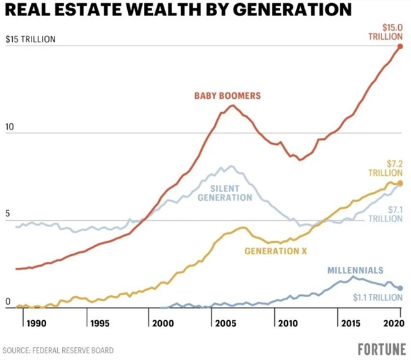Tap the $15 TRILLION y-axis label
click(x=31, y=39)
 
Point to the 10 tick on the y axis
click(x=10, y=127)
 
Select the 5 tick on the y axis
click(x=7, y=214)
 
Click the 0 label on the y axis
click(x=7, y=301)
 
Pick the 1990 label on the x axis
click(x=37, y=323)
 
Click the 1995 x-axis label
click(x=100, y=323)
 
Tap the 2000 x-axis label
click(x=164, y=323)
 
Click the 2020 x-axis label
click(x=393, y=323)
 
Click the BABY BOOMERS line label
click(x=227, y=96)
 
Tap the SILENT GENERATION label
click(x=224, y=193)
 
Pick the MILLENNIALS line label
click(x=355, y=270)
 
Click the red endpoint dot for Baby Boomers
click(x=399, y=46)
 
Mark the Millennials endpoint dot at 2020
click(x=399, y=289)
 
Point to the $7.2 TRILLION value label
click(x=385, y=168)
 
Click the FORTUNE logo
click(x=381, y=350)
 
